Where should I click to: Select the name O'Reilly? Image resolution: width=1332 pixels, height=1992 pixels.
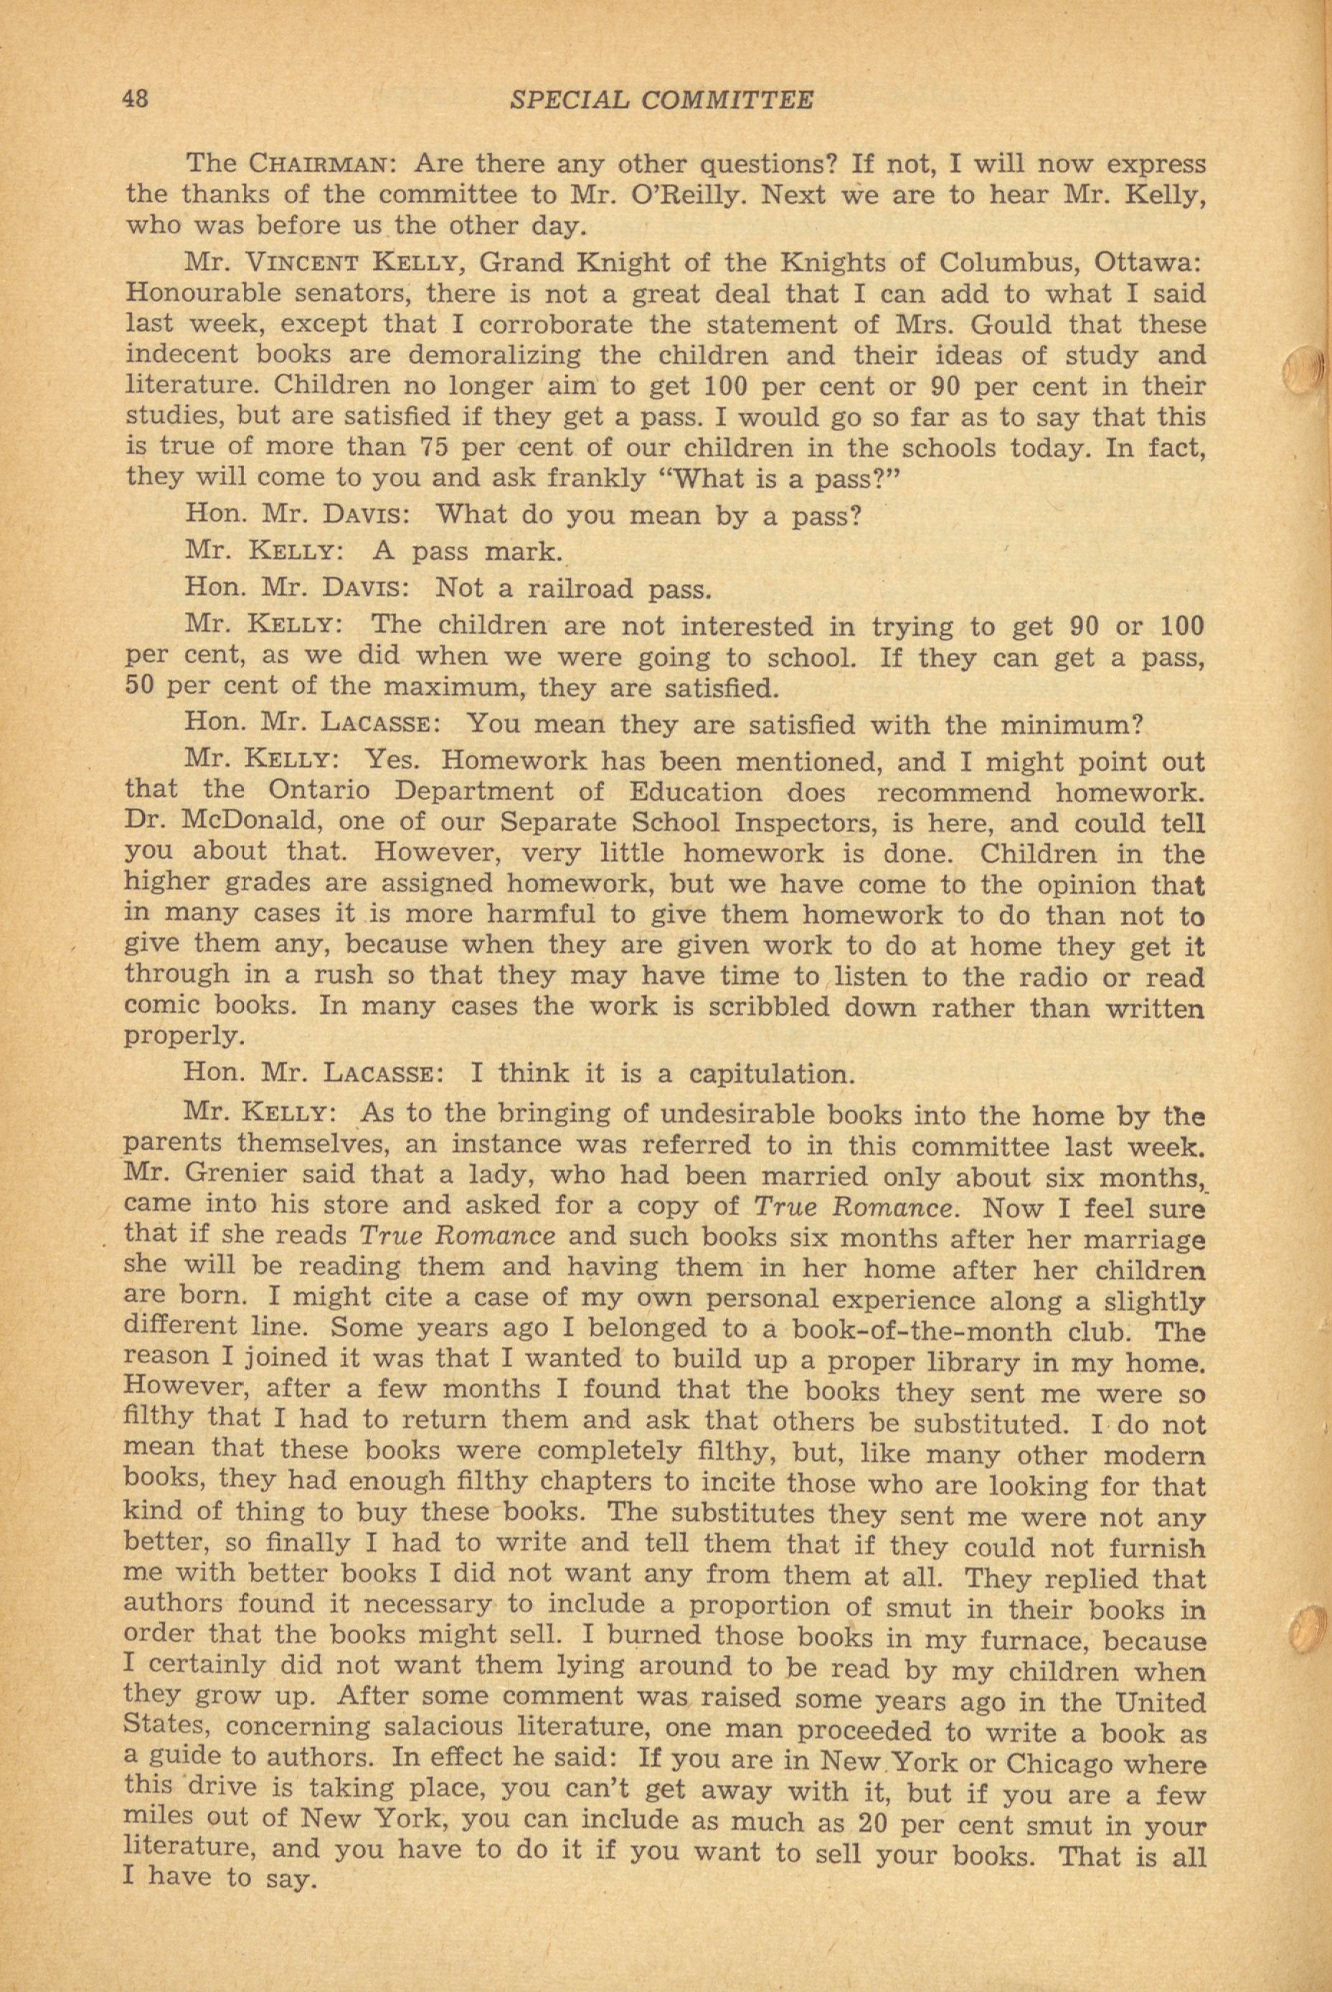pos(686,194)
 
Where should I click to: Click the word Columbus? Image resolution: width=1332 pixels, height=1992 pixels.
pos(1072,263)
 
